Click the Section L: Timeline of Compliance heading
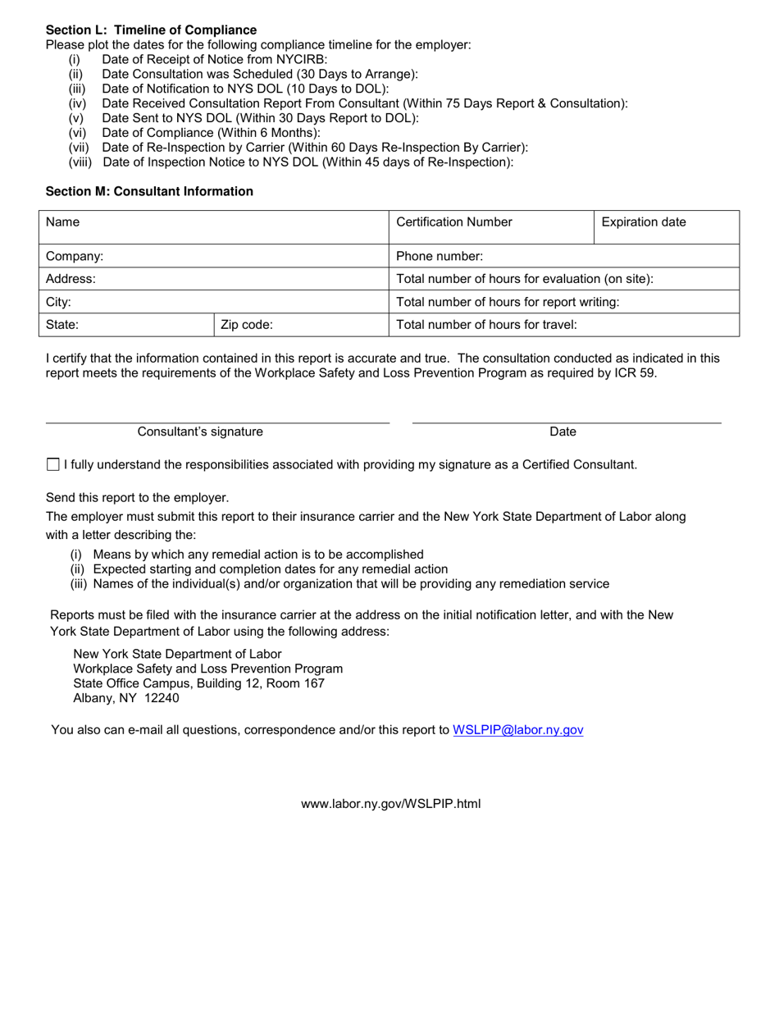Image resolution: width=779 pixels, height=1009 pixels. click(x=151, y=30)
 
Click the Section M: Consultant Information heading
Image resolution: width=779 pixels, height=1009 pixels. click(x=149, y=191)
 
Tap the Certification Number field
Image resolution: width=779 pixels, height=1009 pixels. click(x=490, y=226)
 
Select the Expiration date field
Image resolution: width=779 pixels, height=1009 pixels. click(x=666, y=226)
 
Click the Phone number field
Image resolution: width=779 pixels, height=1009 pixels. click(x=564, y=256)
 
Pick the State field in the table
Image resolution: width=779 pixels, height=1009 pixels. click(x=126, y=325)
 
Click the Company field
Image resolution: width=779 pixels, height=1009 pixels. click(x=213, y=256)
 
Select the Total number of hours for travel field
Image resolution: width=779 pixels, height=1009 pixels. click(x=564, y=325)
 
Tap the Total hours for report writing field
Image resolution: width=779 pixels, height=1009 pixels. click(x=564, y=302)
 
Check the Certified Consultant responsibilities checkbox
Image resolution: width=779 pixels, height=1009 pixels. click(x=53, y=465)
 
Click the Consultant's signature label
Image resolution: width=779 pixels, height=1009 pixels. click(x=200, y=431)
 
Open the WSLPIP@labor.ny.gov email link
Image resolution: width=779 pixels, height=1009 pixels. click(x=517, y=730)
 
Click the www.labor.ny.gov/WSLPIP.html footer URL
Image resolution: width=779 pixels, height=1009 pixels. click(x=390, y=804)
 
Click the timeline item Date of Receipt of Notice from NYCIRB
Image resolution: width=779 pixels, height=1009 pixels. click(x=214, y=60)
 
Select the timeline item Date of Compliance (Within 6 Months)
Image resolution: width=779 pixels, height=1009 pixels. click(x=211, y=133)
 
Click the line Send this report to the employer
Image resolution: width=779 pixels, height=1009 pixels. click(x=137, y=498)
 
